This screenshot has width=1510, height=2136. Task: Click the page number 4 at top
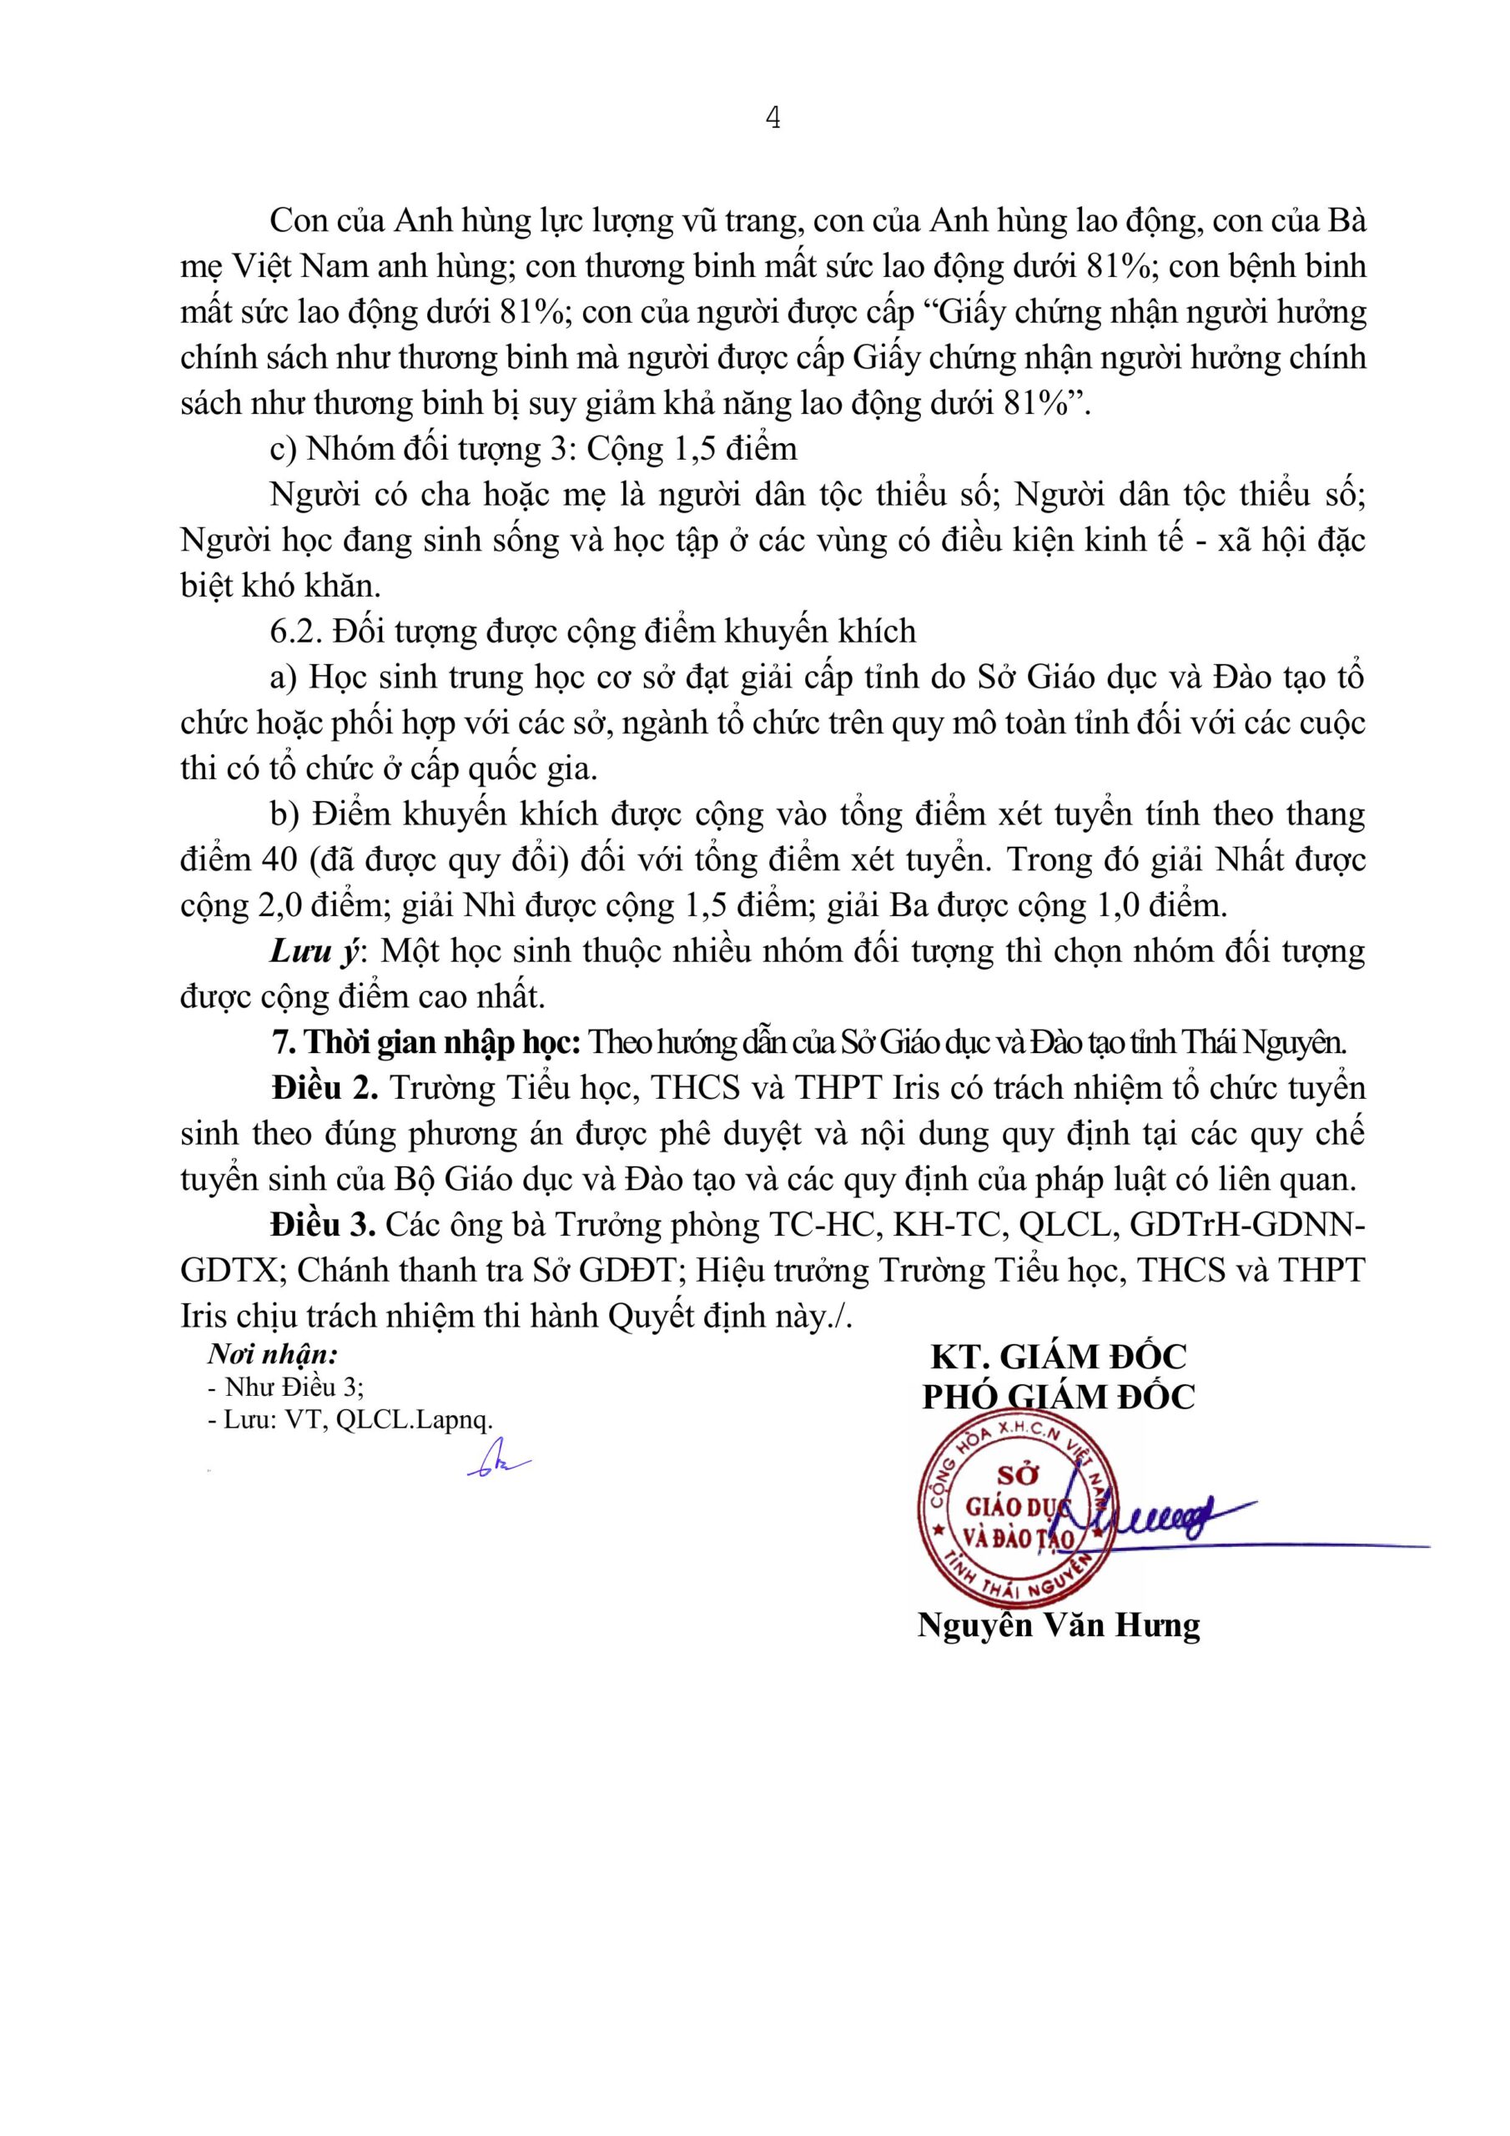(x=773, y=119)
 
